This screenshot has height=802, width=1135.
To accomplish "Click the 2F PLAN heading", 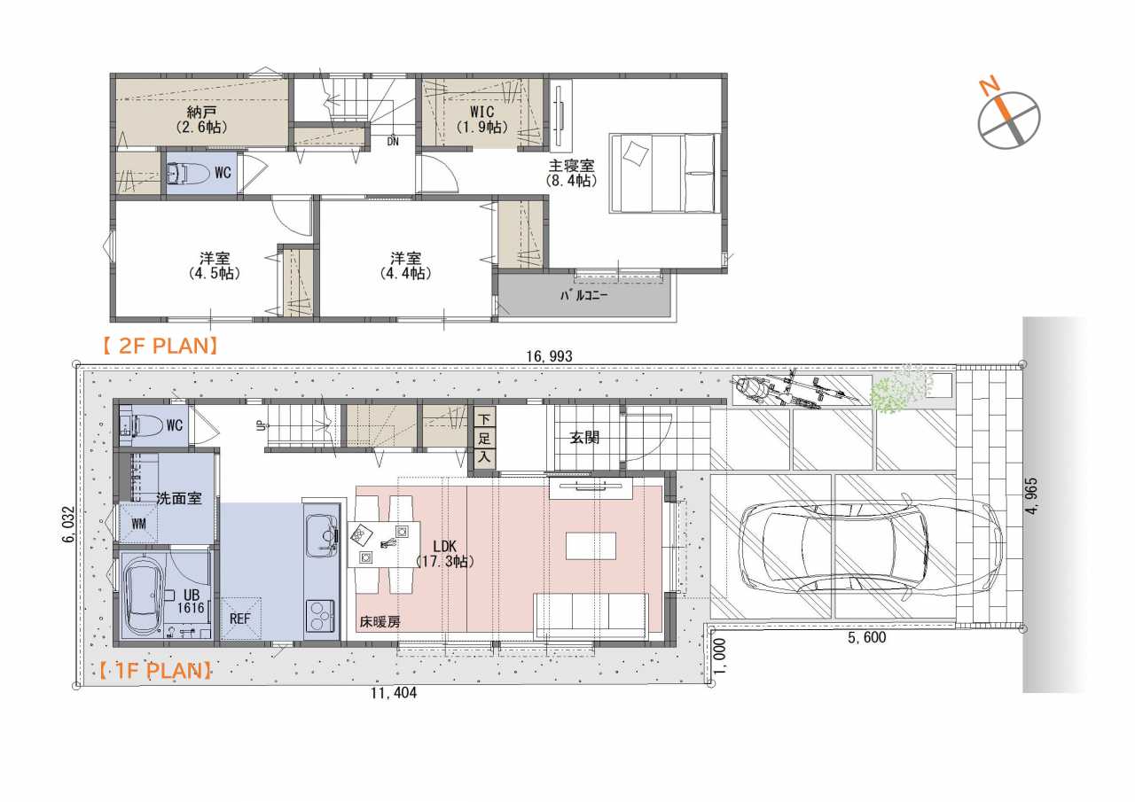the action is [x=160, y=346].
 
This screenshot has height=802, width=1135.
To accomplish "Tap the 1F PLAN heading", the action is [x=154, y=671].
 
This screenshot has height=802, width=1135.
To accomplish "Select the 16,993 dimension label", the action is [x=549, y=356].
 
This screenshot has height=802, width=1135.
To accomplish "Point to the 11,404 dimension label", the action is [x=394, y=693].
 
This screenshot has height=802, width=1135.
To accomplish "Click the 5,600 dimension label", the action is [x=867, y=637].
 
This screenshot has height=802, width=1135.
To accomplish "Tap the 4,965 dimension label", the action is [x=1031, y=496].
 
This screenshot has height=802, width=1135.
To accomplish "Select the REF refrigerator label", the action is [x=239, y=619].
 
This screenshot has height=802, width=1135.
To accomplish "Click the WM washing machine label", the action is [x=139, y=524].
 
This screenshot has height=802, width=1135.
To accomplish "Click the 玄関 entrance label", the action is [x=584, y=438].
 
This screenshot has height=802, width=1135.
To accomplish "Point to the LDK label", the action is [x=444, y=546].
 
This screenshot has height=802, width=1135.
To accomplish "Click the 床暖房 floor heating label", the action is [x=380, y=622].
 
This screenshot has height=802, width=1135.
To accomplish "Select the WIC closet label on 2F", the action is [x=481, y=112].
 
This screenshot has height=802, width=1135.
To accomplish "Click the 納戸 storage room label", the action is [x=201, y=112].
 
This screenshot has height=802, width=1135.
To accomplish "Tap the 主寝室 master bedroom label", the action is [x=572, y=166].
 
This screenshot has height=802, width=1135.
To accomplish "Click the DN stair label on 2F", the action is [x=393, y=142].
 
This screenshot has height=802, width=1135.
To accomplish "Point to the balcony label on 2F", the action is [x=583, y=295].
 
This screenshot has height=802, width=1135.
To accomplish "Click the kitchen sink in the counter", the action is [x=321, y=534].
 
